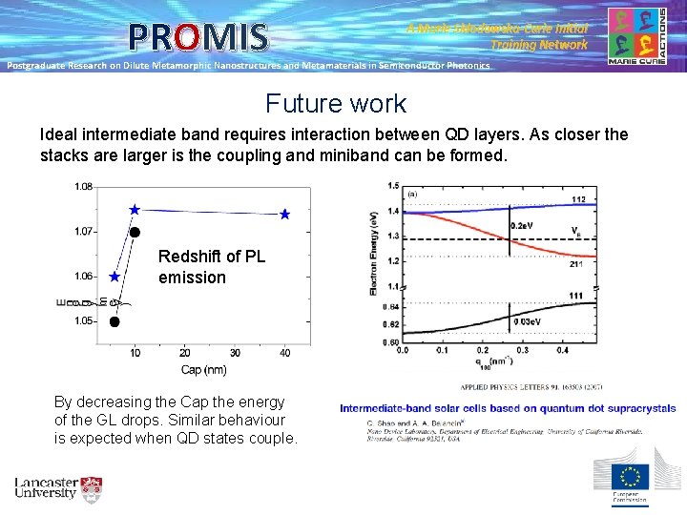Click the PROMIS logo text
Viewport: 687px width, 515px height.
199,37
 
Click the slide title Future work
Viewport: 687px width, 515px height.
336,103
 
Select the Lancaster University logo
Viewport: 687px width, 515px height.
58,488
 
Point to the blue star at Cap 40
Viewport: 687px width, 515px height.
284,215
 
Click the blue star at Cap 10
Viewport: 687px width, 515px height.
135,209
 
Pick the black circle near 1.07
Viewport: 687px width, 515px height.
135,232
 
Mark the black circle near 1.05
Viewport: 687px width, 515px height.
114,321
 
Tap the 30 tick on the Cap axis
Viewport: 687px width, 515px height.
234,354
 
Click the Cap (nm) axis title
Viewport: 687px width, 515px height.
204,370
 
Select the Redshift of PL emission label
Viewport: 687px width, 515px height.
211,267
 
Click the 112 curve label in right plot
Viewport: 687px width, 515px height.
577,199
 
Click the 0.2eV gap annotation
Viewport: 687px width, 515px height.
523,226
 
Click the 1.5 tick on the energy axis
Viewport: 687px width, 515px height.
393,186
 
